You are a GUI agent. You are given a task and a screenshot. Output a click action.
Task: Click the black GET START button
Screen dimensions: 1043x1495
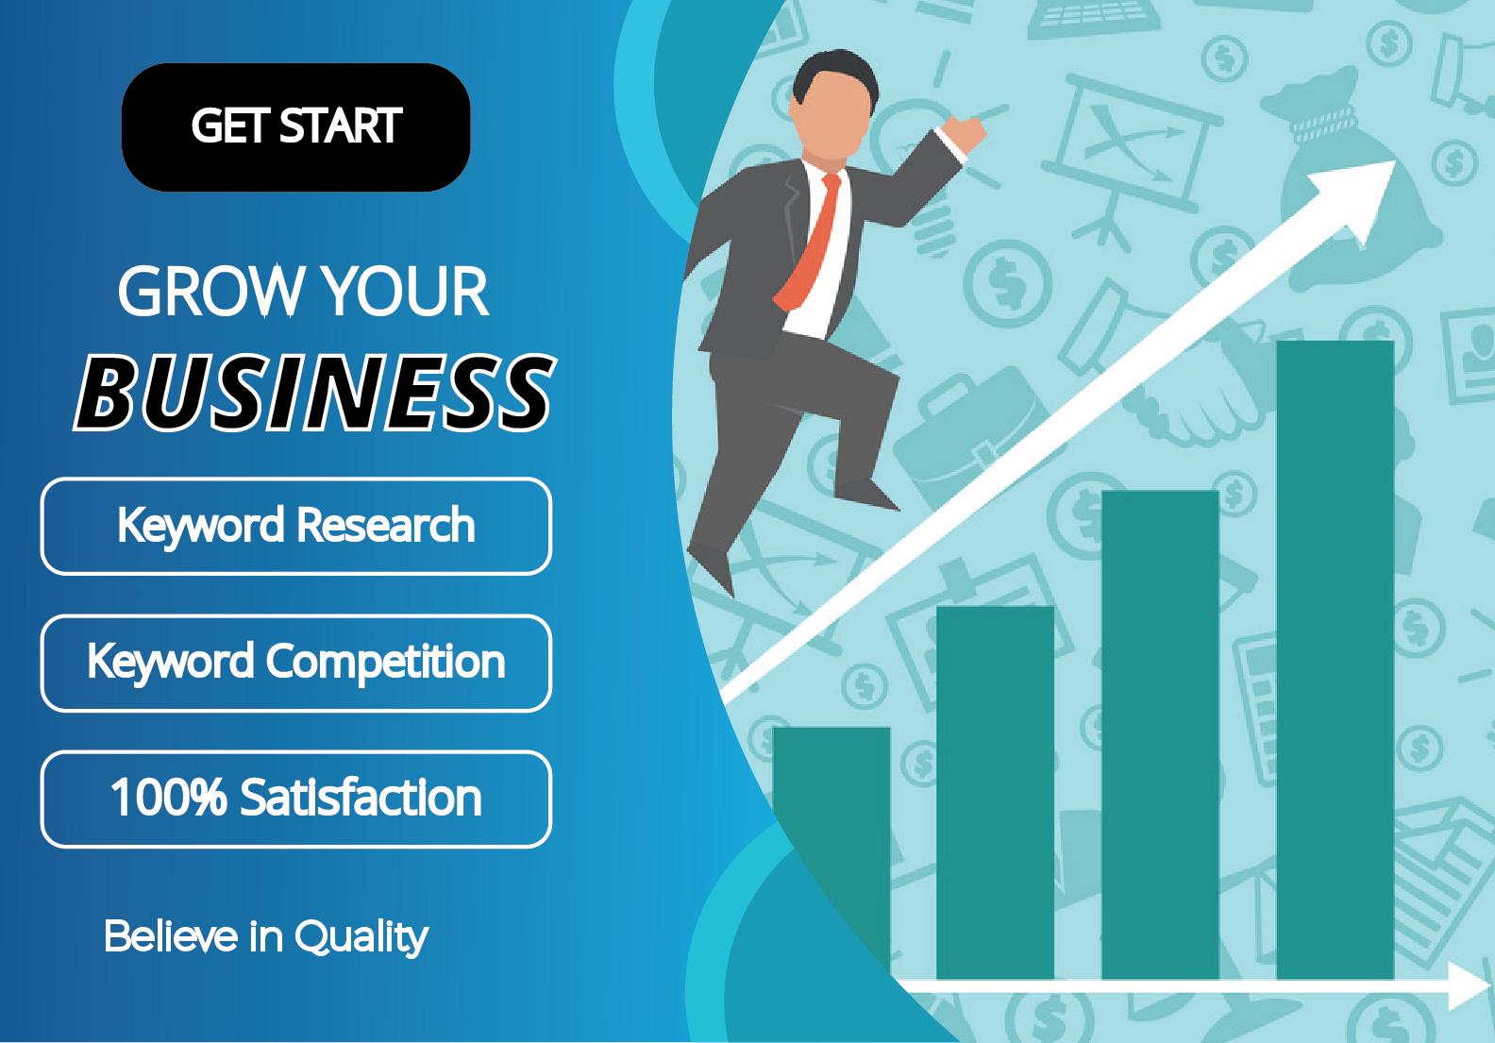[x=295, y=126]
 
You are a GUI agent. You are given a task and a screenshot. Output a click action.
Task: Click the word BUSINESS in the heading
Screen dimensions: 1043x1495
[x=313, y=392]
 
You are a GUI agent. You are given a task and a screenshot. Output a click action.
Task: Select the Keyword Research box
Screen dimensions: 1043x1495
[x=295, y=526]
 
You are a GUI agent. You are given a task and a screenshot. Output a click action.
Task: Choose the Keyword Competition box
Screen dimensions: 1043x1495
[x=295, y=663]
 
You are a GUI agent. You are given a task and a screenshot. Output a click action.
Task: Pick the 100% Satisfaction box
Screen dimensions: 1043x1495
[x=295, y=799]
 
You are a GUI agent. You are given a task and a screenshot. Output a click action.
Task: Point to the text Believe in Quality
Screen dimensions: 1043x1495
[x=265, y=936]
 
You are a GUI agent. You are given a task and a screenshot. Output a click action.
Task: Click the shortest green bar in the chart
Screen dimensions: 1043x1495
[x=831, y=850]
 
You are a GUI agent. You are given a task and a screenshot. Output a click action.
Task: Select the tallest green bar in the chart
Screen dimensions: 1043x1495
[x=1335, y=661]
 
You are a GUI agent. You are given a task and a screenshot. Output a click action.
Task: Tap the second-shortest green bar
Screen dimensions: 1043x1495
[x=995, y=793]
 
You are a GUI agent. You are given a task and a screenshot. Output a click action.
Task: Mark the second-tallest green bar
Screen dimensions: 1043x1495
[x=1160, y=736]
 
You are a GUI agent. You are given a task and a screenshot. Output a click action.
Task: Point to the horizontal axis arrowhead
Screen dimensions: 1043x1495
[x=1468, y=986]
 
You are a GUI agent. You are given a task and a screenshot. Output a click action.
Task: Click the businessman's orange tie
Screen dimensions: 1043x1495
[x=803, y=245]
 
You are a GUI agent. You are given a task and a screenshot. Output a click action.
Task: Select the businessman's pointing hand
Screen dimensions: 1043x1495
[x=965, y=127]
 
